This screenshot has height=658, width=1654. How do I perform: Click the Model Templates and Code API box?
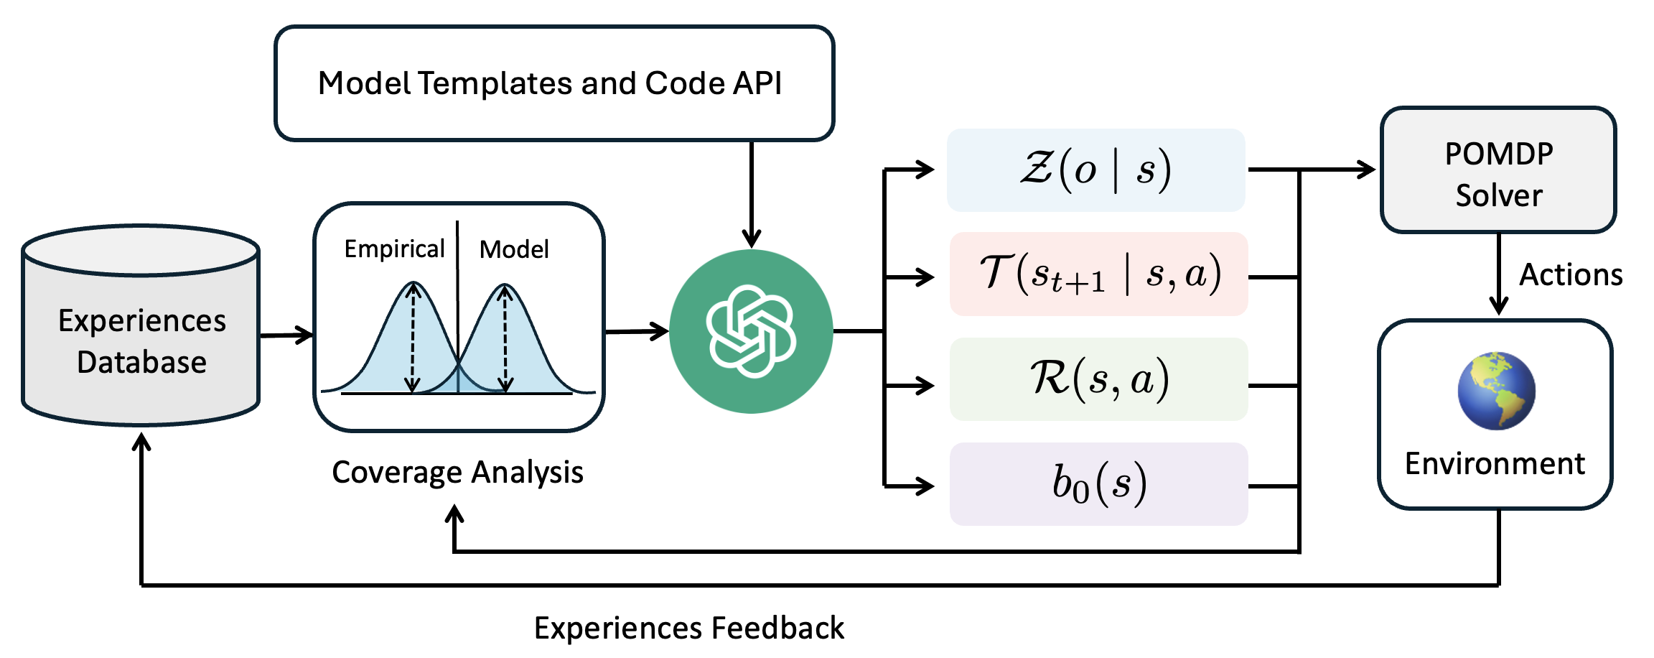tap(553, 83)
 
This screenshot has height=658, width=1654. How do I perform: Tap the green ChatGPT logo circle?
tap(751, 331)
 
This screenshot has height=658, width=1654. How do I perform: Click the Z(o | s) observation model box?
tap(1095, 170)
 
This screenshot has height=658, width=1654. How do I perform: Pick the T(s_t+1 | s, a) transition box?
tap(1098, 274)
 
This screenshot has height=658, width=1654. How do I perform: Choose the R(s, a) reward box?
tap(1098, 379)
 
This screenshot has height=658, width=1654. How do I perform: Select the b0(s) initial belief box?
tap(1098, 483)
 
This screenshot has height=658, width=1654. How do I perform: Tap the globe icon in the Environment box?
tap(1496, 391)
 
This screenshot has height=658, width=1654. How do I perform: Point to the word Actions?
tap(1571, 275)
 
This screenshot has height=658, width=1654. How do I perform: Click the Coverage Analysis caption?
tap(457, 473)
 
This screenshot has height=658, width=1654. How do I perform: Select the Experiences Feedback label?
tap(689, 628)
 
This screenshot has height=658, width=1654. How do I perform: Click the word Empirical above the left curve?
tap(394, 249)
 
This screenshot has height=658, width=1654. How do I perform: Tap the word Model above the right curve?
tap(514, 250)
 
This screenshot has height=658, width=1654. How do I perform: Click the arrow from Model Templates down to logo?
tap(751, 194)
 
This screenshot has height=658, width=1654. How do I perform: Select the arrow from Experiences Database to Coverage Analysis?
tap(286, 335)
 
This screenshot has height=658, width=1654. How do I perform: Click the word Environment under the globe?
tap(1495, 464)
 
